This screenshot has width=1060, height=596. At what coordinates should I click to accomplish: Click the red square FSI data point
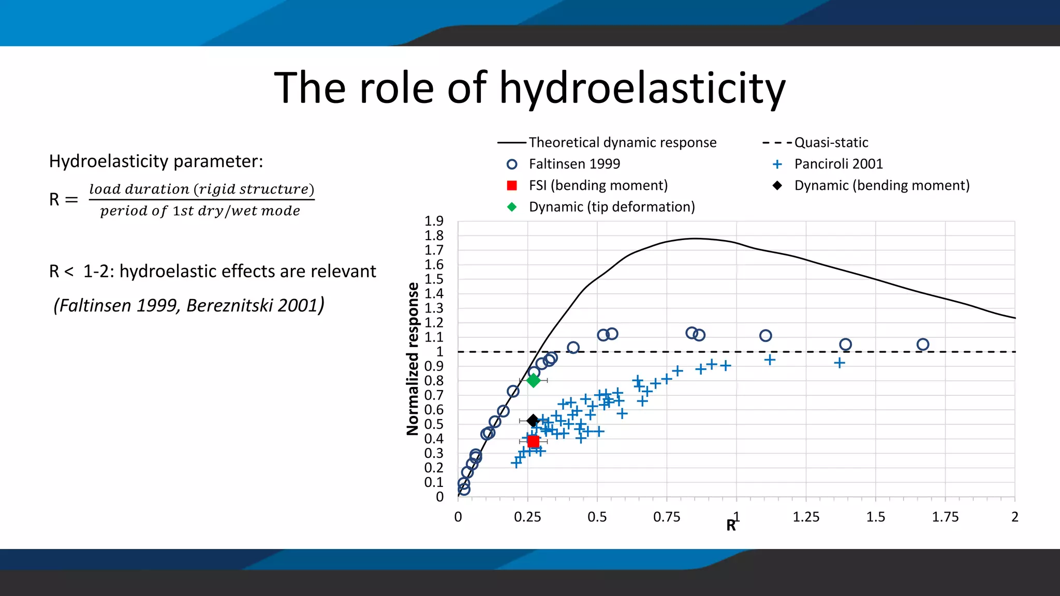pos(533,441)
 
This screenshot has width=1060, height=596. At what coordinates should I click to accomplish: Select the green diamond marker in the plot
pos(533,381)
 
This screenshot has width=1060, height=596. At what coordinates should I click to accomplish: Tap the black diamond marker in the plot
pos(533,421)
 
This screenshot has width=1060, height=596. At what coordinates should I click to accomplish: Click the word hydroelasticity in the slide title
pos(642,88)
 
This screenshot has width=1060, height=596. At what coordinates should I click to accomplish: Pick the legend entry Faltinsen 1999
pos(574,164)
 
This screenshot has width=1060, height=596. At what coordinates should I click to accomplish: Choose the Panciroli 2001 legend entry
pos(838,164)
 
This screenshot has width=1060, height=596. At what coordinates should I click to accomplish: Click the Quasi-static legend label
pos(831,143)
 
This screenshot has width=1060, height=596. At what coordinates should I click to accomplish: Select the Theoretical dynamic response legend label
pos(622,143)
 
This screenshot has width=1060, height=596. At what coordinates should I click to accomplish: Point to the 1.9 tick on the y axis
pos(434,221)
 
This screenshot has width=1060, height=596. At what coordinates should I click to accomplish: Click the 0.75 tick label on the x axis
pos(667,517)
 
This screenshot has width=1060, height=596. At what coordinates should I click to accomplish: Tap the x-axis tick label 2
pos(1014,517)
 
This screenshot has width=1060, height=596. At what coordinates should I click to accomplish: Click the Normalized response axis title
pos(413,359)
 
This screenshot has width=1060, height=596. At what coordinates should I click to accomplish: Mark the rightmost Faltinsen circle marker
pos(922,345)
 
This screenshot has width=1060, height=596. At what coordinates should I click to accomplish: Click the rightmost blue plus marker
pos(840,363)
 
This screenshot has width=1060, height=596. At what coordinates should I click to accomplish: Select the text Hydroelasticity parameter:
pos(156,161)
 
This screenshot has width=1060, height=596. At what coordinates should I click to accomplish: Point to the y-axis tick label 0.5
pos(434,424)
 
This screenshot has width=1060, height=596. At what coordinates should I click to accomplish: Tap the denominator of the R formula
pos(200,211)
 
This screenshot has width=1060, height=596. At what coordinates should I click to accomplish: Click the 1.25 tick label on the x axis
pos(806,517)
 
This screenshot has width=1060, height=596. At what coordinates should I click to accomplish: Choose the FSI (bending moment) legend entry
pos(598,185)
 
